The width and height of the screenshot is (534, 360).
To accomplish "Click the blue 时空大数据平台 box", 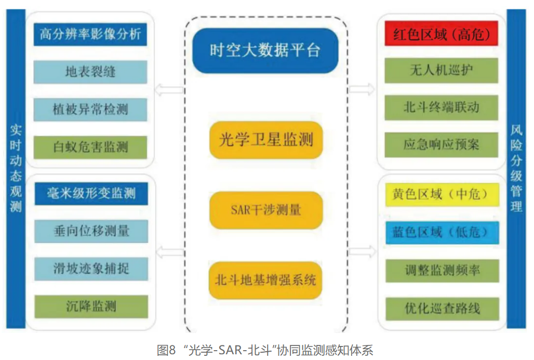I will [x=265, y=50].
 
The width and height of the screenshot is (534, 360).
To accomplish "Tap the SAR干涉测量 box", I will [x=266, y=210].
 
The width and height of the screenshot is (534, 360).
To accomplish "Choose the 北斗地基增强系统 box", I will [x=266, y=280].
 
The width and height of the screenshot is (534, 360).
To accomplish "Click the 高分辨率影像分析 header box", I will [x=90, y=35].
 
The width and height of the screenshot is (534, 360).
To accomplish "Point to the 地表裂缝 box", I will [x=90, y=72].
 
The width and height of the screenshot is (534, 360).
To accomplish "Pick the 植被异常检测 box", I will [x=90, y=109].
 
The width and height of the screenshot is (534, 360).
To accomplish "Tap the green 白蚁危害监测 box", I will [x=90, y=147].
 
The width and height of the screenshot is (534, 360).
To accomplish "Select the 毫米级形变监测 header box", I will [x=90, y=194].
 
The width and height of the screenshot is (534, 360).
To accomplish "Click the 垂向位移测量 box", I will [x=90, y=231].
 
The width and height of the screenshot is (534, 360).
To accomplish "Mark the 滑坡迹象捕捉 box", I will [x=90, y=269].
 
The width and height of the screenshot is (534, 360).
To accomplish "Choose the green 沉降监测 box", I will [x=90, y=306].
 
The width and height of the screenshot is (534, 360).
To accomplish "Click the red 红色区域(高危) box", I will [x=441, y=34].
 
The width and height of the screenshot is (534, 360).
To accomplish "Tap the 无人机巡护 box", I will [x=441, y=70].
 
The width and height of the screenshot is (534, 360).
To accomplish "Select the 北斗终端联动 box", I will [x=441, y=108].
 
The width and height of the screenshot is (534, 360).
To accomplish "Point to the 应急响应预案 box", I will [x=441, y=144].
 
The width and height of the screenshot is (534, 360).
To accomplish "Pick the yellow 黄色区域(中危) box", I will [x=441, y=195].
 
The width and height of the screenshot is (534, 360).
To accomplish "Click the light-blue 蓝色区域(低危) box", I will [x=441, y=232].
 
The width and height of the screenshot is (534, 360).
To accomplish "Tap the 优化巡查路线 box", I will [x=441, y=309].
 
